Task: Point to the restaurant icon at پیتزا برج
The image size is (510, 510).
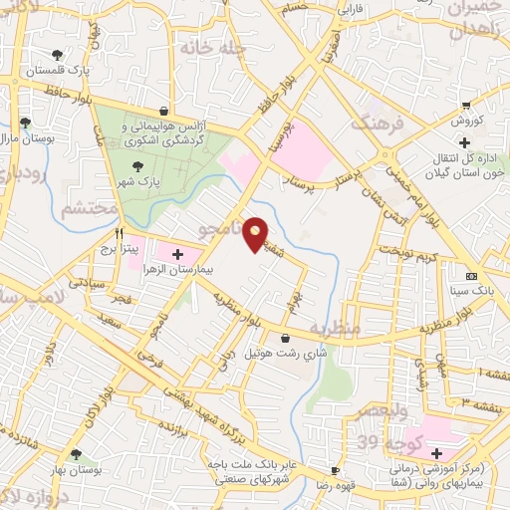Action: (119, 233)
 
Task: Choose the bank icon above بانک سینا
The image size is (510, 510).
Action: (471, 276)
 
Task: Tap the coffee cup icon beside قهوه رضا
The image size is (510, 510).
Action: (336, 470)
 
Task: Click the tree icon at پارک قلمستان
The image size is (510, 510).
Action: (56, 55)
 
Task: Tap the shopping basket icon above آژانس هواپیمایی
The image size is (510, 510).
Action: (162, 113)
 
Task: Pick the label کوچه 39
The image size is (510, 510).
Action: (392, 441)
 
